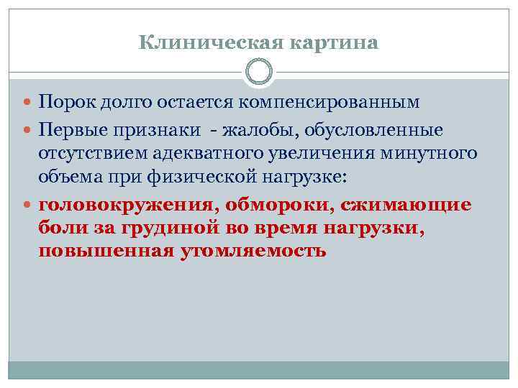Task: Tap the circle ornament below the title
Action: pyautogui.click(x=259, y=72)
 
